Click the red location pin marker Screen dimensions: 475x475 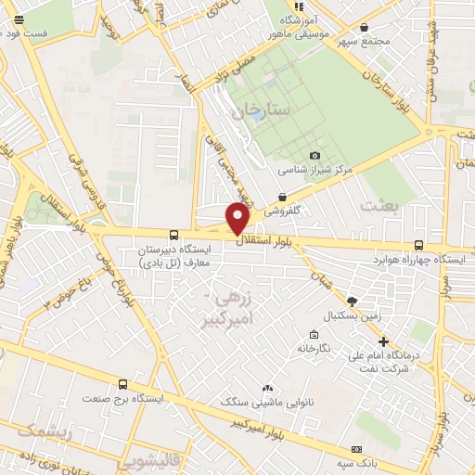click(x=238, y=217)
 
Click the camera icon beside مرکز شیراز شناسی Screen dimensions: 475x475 click(x=315, y=155)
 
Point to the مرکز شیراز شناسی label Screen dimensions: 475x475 click(x=315, y=171)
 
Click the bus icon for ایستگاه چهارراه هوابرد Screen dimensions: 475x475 click(x=418, y=245)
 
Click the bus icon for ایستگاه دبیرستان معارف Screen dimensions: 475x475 click(x=174, y=235)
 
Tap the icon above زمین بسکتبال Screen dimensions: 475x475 click(x=352, y=301)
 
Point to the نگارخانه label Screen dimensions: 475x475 click(x=315, y=347)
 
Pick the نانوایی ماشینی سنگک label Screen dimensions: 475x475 click(x=267, y=402)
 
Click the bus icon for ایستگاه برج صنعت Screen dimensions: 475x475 click(x=122, y=383)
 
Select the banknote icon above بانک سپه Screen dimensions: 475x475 click(x=357, y=447)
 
